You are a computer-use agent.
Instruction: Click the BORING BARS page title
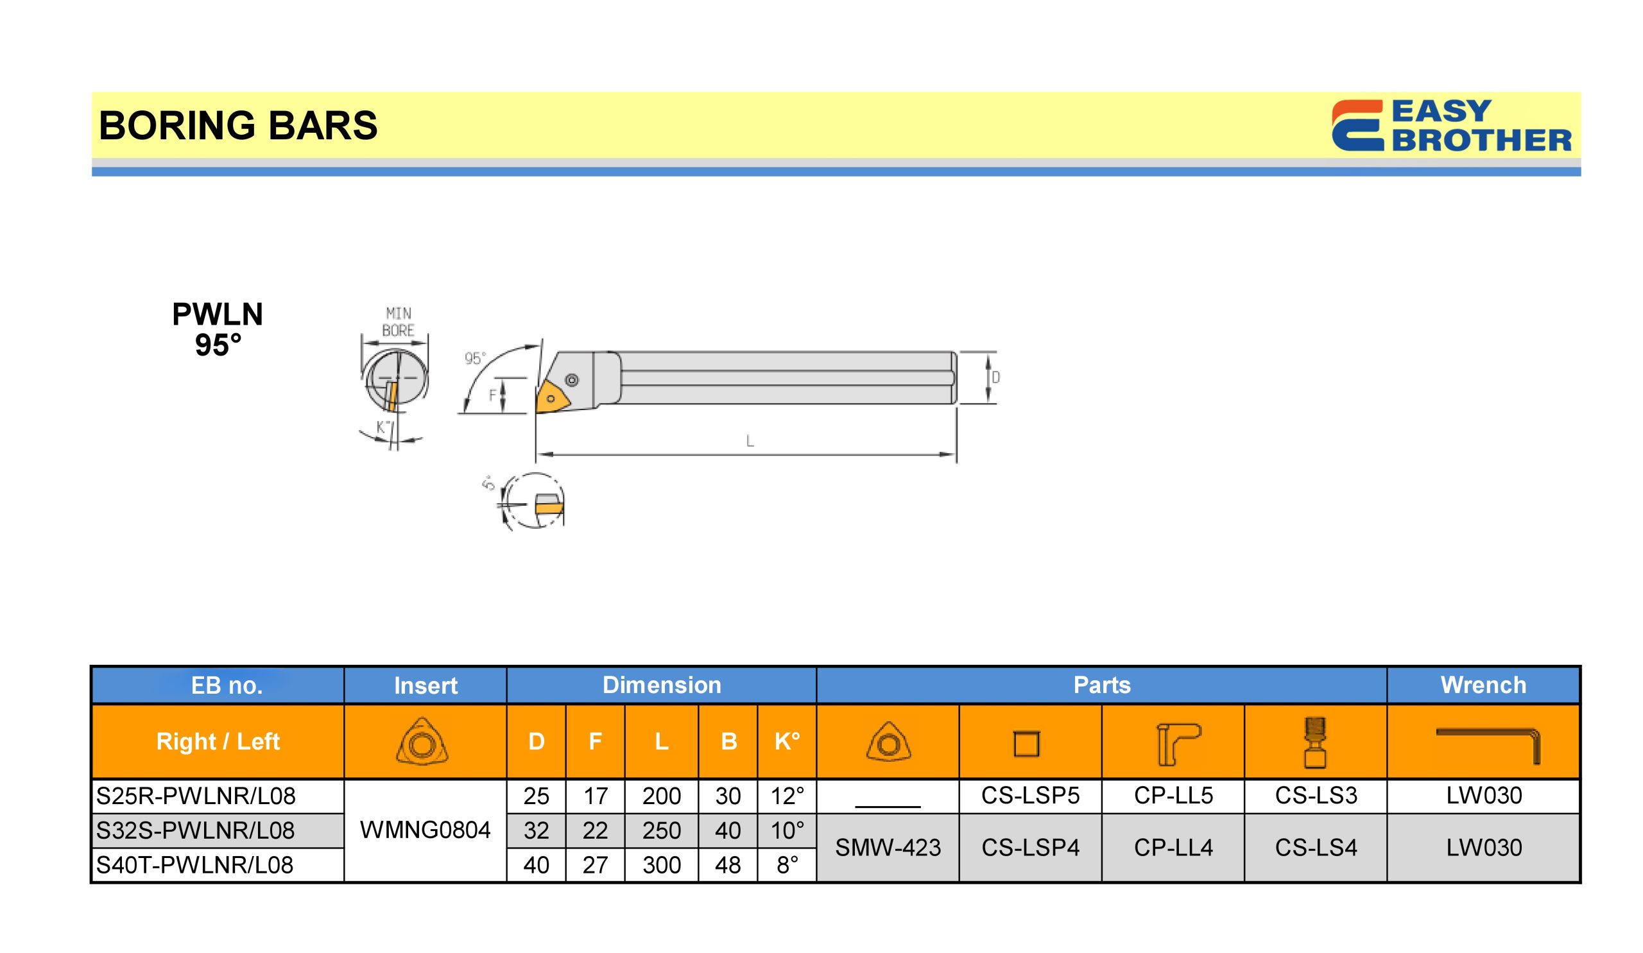238,125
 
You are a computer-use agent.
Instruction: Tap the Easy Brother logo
1451,125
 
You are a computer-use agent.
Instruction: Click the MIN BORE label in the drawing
399,322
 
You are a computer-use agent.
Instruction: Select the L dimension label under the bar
750,442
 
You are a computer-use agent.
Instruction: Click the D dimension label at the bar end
995,377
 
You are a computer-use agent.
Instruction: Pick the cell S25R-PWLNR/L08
196,796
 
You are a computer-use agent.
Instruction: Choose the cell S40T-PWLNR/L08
195,865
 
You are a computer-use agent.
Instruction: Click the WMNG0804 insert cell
425,830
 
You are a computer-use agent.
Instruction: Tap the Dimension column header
662,685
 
